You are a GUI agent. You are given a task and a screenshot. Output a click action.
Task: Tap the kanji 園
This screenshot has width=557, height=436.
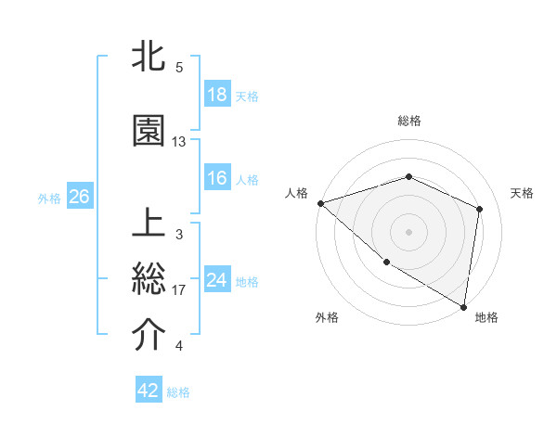tap(149, 132)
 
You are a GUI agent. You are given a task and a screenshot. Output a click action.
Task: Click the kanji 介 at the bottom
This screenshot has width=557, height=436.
tap(149, 336)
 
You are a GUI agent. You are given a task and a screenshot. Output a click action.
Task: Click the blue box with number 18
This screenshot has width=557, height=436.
tap(217, 95)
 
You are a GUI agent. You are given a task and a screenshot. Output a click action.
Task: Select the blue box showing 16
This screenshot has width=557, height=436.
tap(217, 178)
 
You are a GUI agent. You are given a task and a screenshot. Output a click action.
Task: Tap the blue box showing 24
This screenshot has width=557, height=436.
tap(217, 280)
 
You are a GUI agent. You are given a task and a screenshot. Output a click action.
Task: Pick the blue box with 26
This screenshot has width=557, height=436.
tap(79, 197)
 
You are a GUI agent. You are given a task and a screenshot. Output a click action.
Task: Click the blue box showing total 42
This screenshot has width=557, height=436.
tap(149, 391)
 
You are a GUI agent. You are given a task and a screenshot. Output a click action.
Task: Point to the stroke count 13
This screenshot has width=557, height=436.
tap(179, 142)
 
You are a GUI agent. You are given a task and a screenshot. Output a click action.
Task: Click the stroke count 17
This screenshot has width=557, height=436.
tap(179, 290)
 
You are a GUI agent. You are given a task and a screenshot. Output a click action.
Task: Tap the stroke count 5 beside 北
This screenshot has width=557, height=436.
tap(179, 68)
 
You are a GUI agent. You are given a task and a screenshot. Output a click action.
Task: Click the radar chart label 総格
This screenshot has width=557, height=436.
tap(409, 121)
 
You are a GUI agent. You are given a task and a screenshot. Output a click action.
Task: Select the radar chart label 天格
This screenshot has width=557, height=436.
tap(523, 193)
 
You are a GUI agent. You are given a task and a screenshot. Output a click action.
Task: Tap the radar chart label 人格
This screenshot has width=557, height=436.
tap(296, 193)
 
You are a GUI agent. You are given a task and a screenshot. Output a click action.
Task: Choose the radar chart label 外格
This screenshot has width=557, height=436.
tap(326, 317)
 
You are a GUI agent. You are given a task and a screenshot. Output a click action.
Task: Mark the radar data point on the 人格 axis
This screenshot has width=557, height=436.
tap(320, 203)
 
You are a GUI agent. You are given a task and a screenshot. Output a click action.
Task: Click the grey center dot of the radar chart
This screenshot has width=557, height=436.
tap(409, 231)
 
